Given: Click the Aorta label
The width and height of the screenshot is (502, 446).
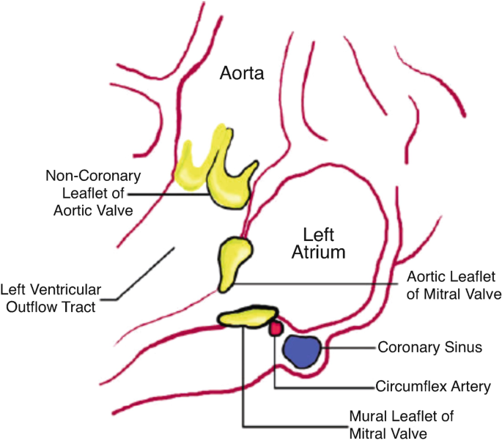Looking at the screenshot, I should pyautogui.click(x=243, y=73).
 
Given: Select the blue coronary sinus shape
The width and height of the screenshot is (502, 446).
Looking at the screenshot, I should pyautogui.click(x=303, y=350).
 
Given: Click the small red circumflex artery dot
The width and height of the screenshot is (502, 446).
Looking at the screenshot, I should pyautogui.click(x=276, y=329).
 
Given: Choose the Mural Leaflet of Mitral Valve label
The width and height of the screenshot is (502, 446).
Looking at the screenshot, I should pyautogui.click(x=402, y=424).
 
